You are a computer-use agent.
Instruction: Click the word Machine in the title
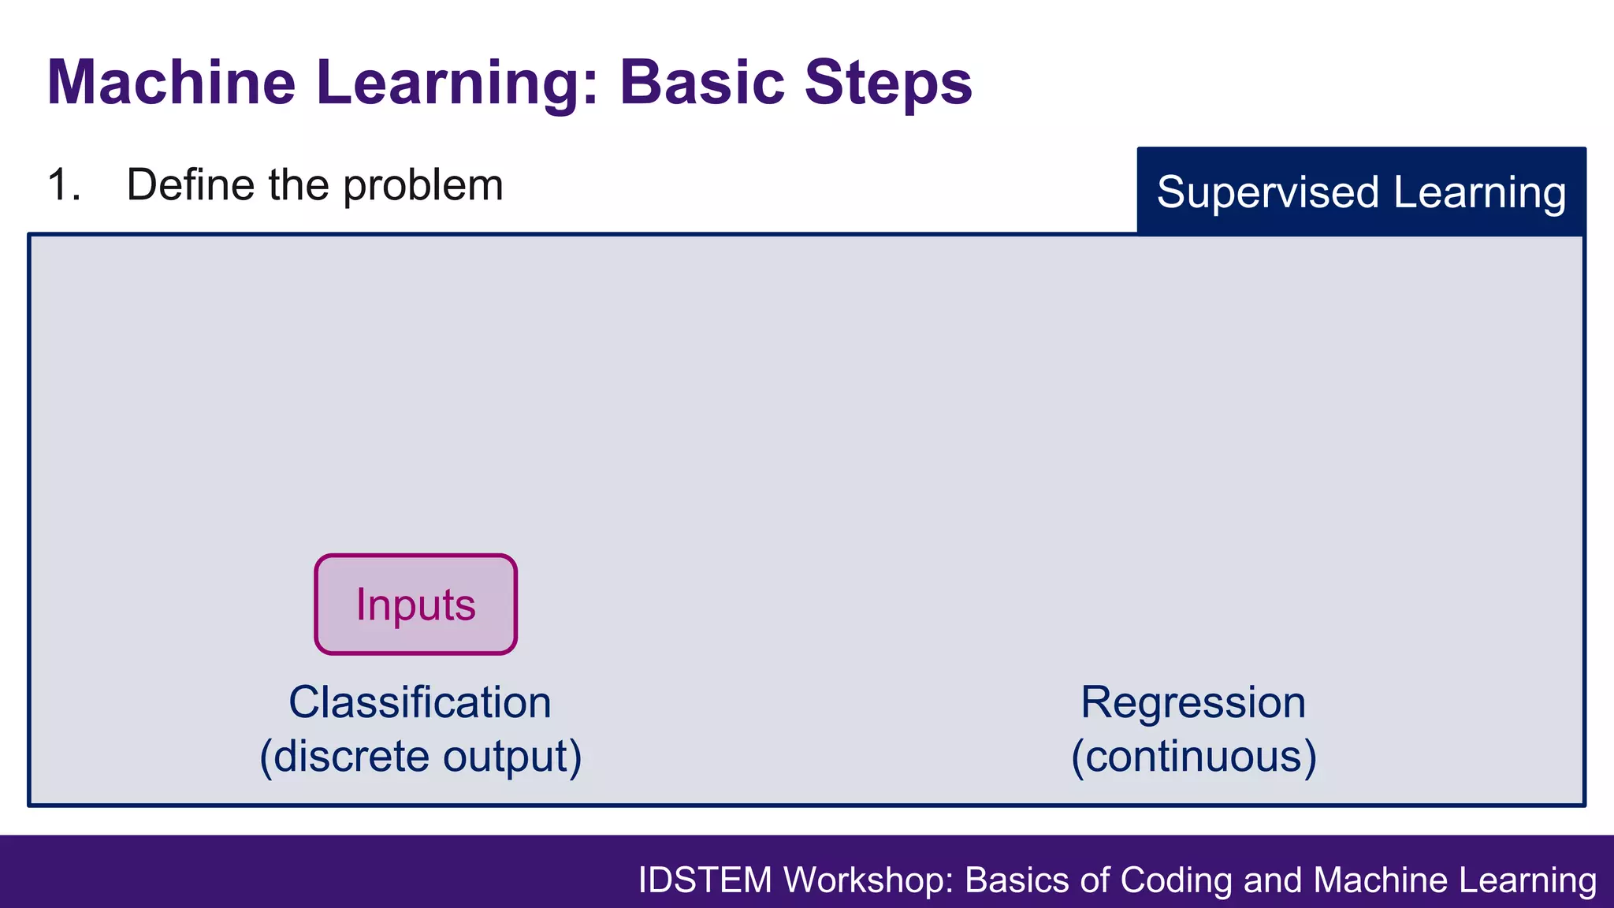pyautogui.click(x=171, y=82)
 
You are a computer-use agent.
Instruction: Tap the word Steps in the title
pyautogui.click(x=888, y=82)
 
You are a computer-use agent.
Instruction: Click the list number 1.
pyautogui.click(x=63, y=185)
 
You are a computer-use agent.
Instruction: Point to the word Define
pyautogui.click(x=190, y=185)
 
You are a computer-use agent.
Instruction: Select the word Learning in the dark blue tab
pyautogui.click(x=1479, y=192)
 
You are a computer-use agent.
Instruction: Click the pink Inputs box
pyautogui.click(x=415, y=605)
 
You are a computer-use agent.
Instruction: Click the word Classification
pyautogui.click(x=419, y=702)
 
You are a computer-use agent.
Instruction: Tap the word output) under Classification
pyautogui.click(x=512, y=756)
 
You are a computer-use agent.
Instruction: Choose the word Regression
pyautogui.click(x=1192, y=702)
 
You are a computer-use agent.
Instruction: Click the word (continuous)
pyautogui.click(x=1193, y=756)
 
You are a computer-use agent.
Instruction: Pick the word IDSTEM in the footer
pyautogui.click(x=705, y=880)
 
